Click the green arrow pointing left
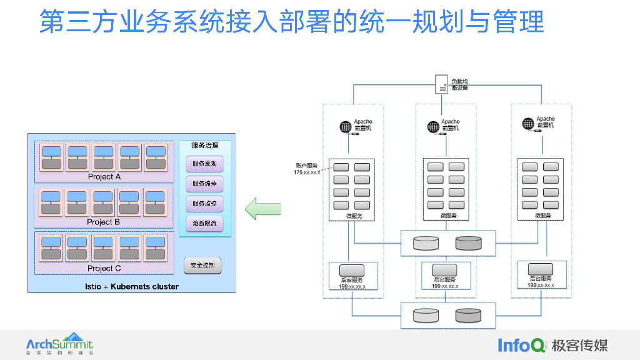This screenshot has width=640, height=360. pos(262,209)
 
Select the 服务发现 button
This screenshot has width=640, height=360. pos(204,164)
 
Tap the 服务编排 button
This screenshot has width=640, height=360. pos(204,184)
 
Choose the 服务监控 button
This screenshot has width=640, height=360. pos(204,204)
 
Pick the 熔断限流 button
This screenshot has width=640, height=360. pos(204,224)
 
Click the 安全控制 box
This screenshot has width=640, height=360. pos(202,265)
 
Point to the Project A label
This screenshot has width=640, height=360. pos(104,177)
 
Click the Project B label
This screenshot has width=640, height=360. pos(104,222)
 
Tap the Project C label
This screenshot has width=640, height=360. pos(104,268)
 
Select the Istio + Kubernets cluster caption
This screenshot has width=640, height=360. pos(131,287)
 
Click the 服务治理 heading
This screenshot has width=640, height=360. pos(205,146)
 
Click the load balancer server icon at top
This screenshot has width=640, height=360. pos(442,84)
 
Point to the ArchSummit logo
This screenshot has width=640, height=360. pos(59,344)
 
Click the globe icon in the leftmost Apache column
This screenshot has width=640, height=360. pos(346,126)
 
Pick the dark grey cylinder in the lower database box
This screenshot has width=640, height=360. pos(468,316)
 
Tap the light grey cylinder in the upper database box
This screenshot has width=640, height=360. pos(426,243)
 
